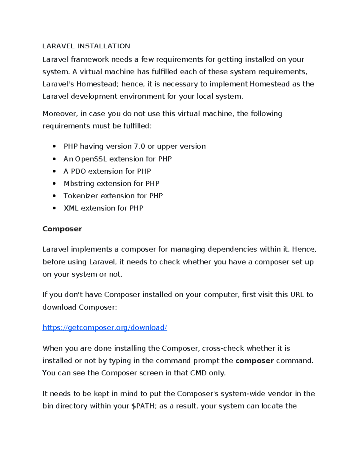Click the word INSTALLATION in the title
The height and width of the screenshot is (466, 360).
coord(104,46)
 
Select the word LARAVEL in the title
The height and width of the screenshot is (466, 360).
coord(58,46)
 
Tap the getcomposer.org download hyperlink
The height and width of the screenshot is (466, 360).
coord(105,327)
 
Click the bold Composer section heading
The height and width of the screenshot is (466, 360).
coord(62,229)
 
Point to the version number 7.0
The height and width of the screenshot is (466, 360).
coord(139,146)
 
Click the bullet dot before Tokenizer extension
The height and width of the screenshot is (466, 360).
coord(54,196)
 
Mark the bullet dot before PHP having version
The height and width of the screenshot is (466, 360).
coord(54,146)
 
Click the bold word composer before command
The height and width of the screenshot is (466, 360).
coord(255,361)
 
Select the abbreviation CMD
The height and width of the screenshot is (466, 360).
coord(198,373)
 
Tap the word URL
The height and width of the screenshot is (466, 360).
coord(297,294)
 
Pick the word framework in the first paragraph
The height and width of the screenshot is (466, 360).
coord(90,59)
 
